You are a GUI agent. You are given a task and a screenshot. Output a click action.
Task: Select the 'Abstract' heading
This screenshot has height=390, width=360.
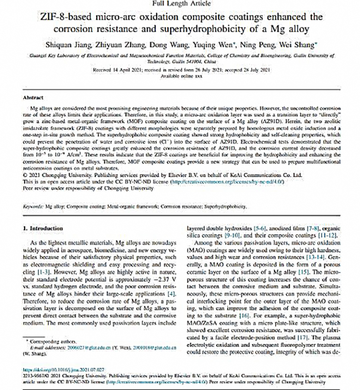33,98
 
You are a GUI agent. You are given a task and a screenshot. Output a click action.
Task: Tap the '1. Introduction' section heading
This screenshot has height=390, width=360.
43,229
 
